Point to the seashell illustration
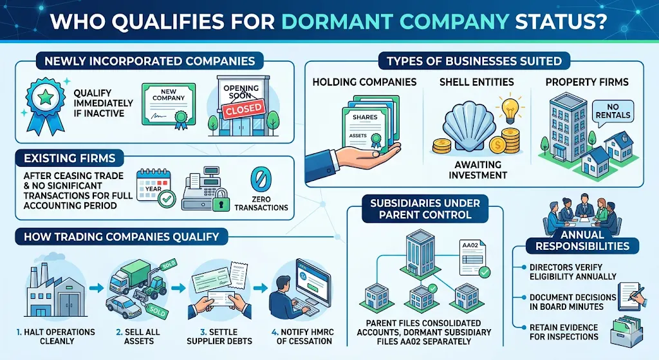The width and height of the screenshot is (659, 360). tap(470, 129)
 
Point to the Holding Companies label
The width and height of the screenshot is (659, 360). tap(364, 82)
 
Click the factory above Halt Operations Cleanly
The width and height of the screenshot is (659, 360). tap(48, 289)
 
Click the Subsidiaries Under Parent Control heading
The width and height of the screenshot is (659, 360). tap(425, 209)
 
